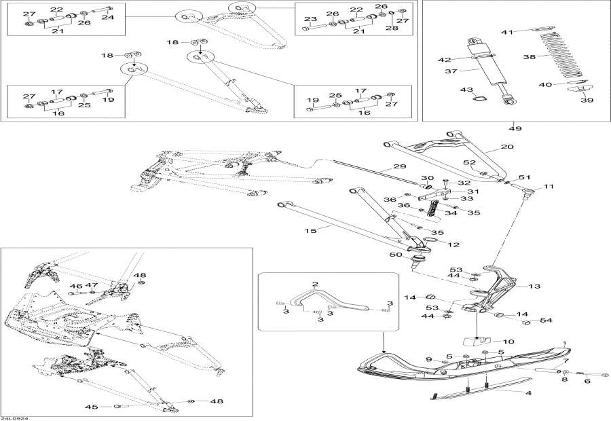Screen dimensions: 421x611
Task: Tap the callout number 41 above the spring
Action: [x=506, y=32]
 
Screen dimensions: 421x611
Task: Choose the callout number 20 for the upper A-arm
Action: [x=506, y=147]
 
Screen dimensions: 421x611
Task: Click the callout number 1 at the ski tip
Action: [x=565, y=343]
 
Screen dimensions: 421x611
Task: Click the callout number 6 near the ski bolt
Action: [x=587, y=381]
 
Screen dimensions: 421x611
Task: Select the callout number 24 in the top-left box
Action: [x=109, y=18]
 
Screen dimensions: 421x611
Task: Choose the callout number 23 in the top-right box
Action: [x=310, y=18]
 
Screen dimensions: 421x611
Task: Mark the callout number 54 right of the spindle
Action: [x=546, y=321]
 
